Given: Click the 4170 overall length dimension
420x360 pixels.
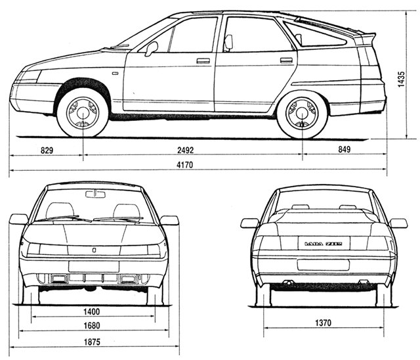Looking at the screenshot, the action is (x=184, y=165).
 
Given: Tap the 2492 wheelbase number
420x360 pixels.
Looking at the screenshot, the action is (x=185, y=150).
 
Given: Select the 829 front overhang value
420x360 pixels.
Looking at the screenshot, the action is (x=47, y=150).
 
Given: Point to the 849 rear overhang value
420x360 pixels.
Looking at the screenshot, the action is (x=344, y=149).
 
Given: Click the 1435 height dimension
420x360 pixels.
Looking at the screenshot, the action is (x=401, y=79).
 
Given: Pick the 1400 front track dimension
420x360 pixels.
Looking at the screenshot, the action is (x=92, y=311).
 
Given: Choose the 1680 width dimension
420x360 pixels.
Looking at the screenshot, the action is (x=92, y=326).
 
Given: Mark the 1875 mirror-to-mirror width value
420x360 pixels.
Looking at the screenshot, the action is (x=92, y=342).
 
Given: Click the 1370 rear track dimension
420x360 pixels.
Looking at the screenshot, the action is (x=323, y=323).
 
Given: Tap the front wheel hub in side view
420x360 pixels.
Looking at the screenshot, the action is (x=83, y=113).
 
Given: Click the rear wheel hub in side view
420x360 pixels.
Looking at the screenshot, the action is (x=303, y=113).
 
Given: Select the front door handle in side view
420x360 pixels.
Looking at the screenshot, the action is (x=203, y=61).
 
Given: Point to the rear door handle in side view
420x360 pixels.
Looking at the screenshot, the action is (x=286, y=60).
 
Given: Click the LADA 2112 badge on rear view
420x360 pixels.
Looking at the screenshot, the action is (x=324, y=244).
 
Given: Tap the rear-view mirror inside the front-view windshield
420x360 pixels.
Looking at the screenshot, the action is (x=96, y=194).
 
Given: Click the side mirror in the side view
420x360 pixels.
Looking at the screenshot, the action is (x=151, y=49).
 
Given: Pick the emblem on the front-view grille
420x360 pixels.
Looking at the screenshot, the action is (x=94, y=250).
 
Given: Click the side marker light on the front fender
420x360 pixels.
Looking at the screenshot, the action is (x=115, y=73).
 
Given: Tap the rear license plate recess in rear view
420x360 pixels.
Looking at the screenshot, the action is (x=324, y=265).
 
